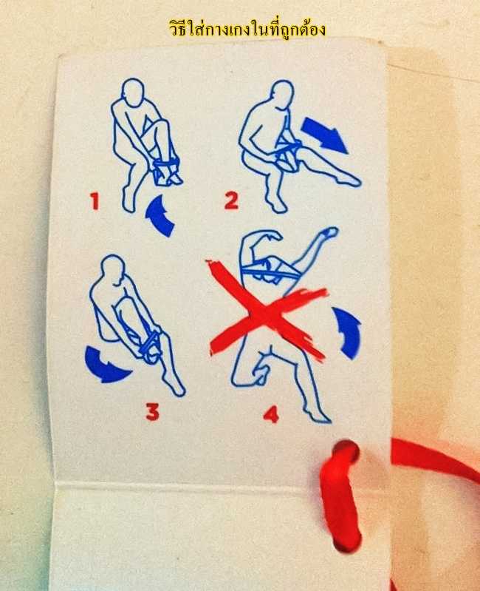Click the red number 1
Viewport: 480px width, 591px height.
coord(95,201)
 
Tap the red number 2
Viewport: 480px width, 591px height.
coord(231,200)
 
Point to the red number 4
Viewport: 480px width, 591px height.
coord(271,414)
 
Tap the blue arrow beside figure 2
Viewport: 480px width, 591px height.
coord(324,135)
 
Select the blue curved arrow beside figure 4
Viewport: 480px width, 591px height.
coord(348,332)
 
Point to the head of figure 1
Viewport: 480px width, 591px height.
coord(133,92)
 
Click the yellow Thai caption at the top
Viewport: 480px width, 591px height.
coord(247,29)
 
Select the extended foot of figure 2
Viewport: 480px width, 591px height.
coord(349,181)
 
